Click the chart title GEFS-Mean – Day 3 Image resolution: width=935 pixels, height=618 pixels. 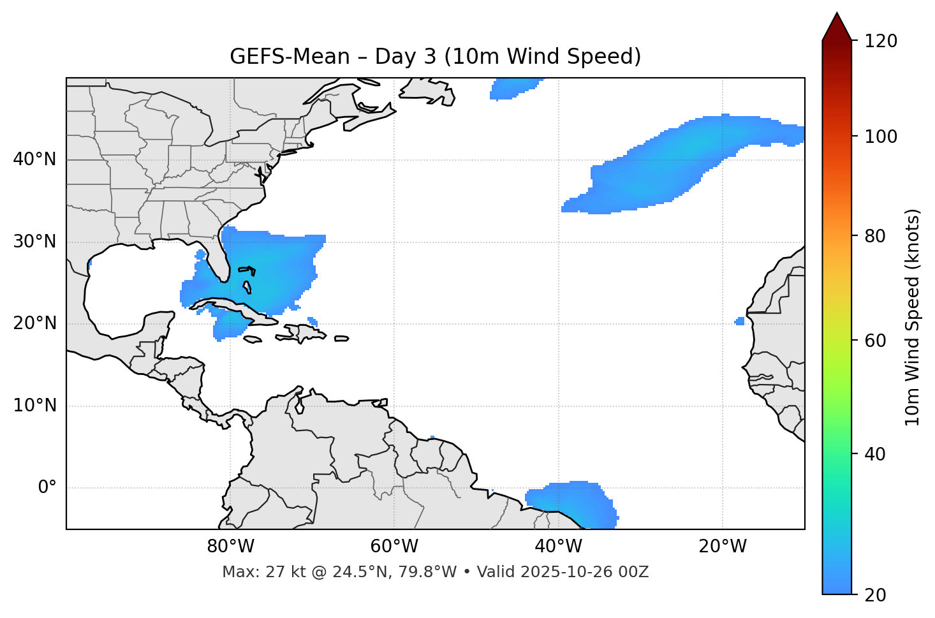coord(435,57)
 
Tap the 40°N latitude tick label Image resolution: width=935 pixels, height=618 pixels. coord(34,159)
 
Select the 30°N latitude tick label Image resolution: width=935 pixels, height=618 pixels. coord(34,242)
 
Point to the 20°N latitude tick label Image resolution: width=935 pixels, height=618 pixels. coord(34,323)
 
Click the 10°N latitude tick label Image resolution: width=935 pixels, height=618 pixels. coord(34,406)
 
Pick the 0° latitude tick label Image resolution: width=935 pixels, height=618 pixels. coord(47,488)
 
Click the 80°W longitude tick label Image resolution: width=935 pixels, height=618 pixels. coord(230,547)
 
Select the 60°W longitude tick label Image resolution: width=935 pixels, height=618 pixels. coord(394,547)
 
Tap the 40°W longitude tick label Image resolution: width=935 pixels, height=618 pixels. coord(558,547)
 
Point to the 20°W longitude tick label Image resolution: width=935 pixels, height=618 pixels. coord(723,547)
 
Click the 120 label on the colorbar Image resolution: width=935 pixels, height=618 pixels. coord(881,41)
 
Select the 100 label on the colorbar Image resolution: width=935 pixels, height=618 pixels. coord(881,136)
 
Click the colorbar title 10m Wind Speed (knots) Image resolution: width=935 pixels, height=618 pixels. coord(913,317)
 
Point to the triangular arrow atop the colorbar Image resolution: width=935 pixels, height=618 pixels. coord(837,27)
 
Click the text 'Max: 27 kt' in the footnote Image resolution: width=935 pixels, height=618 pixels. coord(254,572)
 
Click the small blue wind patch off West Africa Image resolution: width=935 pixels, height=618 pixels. coord(740,321)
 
